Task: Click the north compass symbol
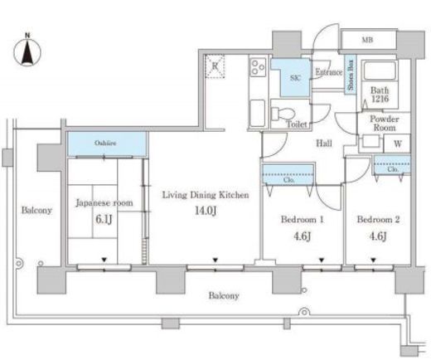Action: pos(27,51)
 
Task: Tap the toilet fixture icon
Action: pos(283,114)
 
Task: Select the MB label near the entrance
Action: pos(367,40)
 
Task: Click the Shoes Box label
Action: pos(351,75)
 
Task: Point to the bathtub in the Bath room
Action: pos(380,71)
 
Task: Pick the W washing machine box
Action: pos(397,144)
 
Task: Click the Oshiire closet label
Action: pos(105,143)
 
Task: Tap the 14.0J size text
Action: pos(206,211)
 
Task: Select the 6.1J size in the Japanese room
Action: pos(104,220)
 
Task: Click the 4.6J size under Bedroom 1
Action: pos(302,236)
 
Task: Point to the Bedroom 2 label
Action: pos(378,220)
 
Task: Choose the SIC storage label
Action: pos(295,78)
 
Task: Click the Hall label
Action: pos(324,143)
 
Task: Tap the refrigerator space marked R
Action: pos(215,66)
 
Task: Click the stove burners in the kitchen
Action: pos(258,67)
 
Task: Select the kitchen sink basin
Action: pos(258,113)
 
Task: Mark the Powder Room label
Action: pos(385,124)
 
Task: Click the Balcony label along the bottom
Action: pos(224,295)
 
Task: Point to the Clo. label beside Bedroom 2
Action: pos(392,169)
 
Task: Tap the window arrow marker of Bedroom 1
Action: pos(322,260)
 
